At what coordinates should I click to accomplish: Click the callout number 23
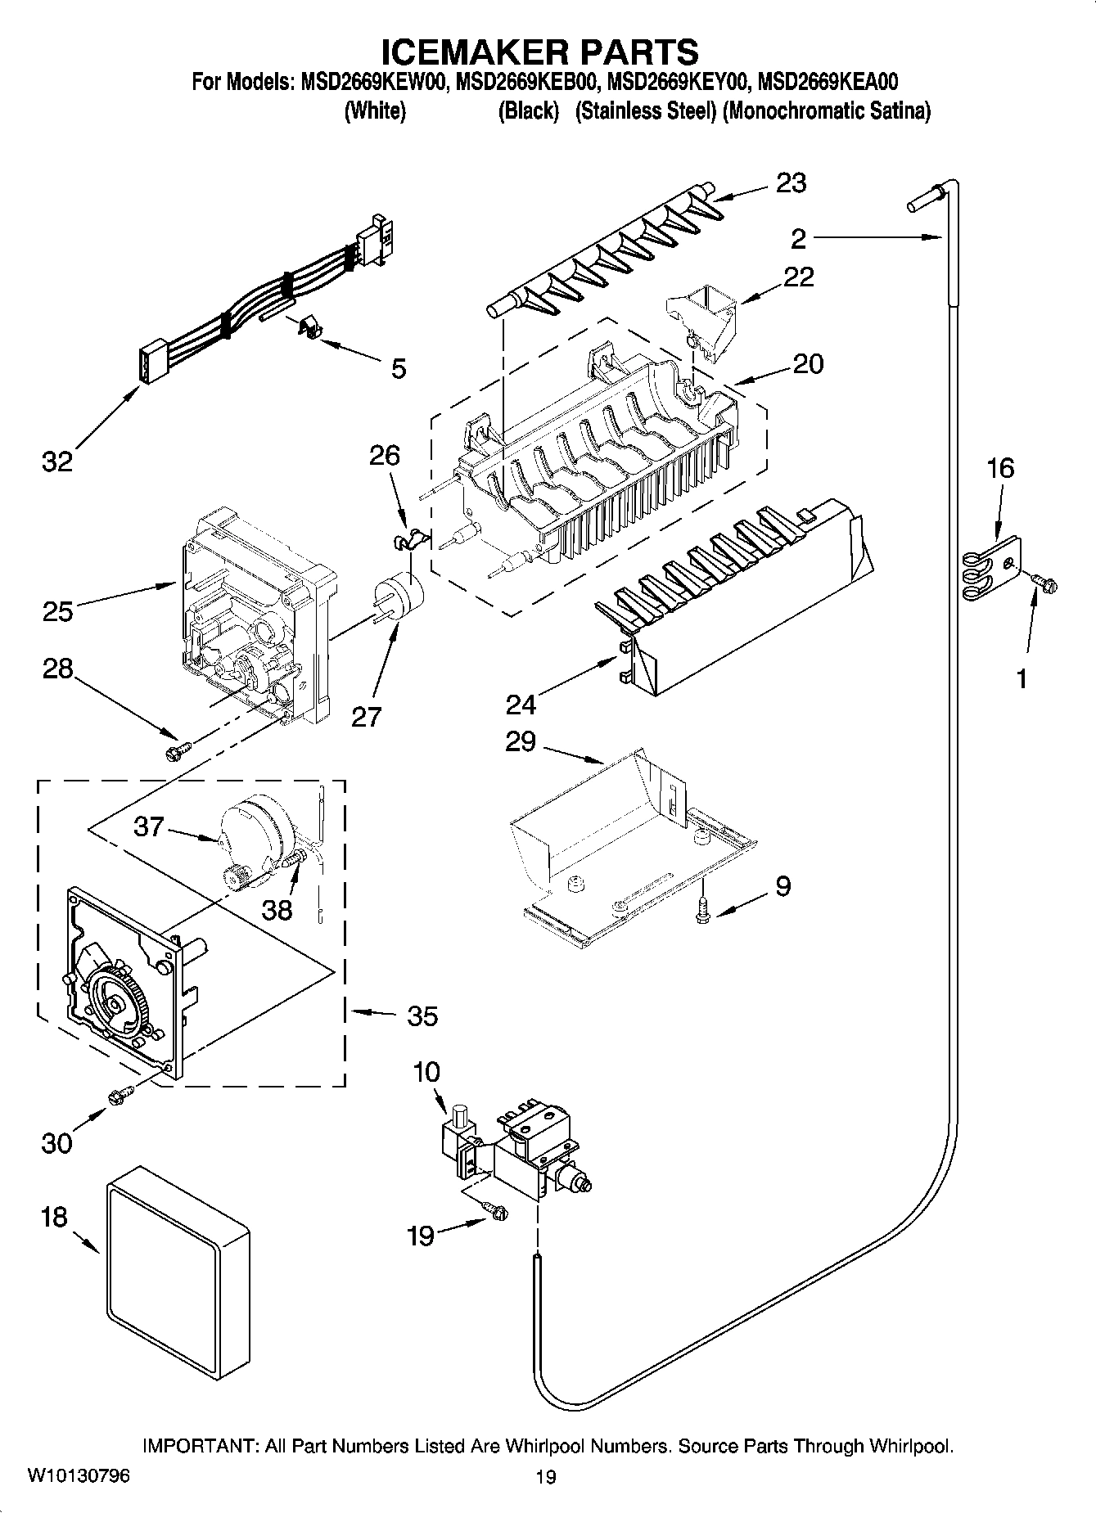(x=791, y=183)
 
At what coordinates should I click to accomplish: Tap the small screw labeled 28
(x=177, y=749)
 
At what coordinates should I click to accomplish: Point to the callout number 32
(x=57, y=462)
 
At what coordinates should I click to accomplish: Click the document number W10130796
(x=79, y=1476)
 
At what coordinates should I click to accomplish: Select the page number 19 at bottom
(x=546, y=1477)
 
